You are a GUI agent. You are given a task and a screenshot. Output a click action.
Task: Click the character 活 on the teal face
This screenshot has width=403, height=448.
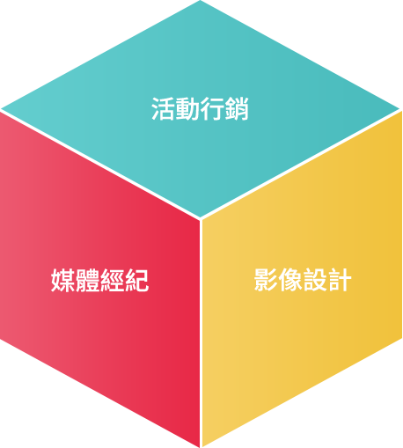[163, 108]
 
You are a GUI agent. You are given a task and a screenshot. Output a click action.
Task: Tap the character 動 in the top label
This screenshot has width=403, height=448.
[187, 108]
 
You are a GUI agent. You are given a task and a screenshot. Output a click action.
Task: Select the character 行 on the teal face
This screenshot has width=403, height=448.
[212, 108]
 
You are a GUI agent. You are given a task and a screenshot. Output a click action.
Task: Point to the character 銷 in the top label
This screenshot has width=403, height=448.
[237, 108]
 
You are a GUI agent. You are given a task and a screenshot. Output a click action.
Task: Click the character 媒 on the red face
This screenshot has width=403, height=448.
[62, 280]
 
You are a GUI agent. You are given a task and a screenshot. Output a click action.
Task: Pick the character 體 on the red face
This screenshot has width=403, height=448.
[87, 280]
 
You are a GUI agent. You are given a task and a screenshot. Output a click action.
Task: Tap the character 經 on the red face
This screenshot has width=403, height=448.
[112, 280]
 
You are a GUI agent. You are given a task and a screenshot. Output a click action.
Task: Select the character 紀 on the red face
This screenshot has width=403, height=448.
[136, 280]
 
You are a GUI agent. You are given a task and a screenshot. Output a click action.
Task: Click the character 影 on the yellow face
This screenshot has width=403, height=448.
[266, 280]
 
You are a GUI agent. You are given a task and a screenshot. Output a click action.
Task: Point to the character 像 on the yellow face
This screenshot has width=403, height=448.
[290, 280]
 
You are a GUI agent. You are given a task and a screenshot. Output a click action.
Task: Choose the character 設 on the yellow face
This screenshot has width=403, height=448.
[315, 280]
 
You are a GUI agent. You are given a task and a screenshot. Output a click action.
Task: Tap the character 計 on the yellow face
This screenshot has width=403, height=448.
[340, 280]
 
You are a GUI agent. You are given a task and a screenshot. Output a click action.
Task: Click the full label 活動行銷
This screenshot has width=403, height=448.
[200, 108]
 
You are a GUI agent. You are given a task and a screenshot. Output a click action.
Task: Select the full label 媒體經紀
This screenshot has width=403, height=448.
[99, 280]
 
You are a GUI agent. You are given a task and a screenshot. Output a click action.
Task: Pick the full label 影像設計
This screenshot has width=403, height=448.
[303, 280]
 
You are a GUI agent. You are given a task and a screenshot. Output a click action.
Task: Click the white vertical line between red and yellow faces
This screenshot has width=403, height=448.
[201, 334]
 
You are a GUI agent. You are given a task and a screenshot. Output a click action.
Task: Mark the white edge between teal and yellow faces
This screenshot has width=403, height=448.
[301, 165]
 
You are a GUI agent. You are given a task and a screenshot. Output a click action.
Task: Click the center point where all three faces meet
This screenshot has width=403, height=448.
[201, 219]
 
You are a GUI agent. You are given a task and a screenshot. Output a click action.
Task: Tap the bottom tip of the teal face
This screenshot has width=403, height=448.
[201, 217]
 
